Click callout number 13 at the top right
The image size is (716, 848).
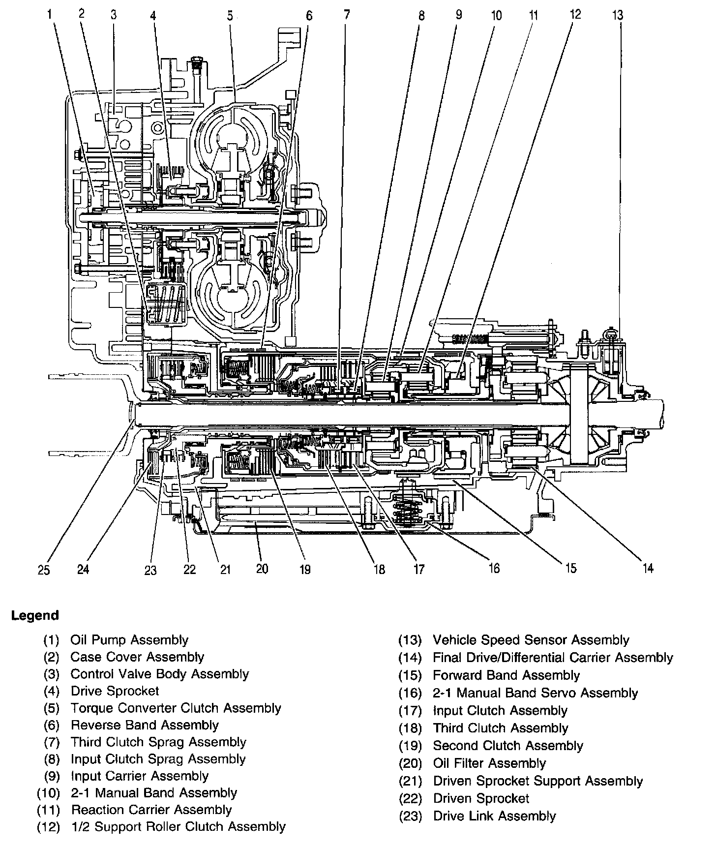(618, 15)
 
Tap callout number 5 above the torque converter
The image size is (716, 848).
(230, 15)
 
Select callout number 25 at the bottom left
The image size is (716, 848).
(44, 570)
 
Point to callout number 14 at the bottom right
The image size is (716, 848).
(648, 568)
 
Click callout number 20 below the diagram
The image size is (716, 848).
(262, 569)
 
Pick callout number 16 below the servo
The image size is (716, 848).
(494, 568)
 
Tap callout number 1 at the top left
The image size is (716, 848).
(50, 15)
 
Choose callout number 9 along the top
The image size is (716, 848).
(458, 15)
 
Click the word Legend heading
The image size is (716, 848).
(35, 615)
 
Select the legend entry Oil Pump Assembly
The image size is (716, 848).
(129, 640)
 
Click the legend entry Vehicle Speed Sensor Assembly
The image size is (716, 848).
(531, 640)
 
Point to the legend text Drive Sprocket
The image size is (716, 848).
(115, 691)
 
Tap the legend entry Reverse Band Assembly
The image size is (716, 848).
(145, 725)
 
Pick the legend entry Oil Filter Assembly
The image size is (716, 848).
(489, 763)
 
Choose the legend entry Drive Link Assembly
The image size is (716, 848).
(494, 816)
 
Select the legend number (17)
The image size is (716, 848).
(411, 711)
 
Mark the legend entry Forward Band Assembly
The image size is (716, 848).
(507, 675)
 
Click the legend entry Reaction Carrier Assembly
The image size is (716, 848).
(151, 810)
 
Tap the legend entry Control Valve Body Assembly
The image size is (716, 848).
(160, 674)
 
